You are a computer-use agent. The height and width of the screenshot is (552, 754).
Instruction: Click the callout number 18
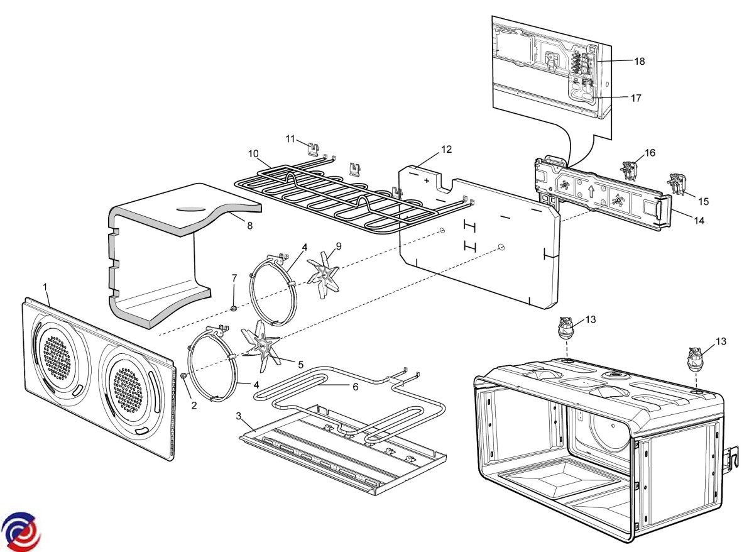639,61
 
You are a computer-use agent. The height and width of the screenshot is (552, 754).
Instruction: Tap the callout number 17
636,98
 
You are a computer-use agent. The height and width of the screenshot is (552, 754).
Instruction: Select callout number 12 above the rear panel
446,150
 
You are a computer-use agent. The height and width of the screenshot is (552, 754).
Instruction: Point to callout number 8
249,226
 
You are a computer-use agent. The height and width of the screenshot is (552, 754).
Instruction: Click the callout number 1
45,287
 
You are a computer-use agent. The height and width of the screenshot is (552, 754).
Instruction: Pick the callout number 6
355,387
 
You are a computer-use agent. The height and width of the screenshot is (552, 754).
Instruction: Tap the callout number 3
239,416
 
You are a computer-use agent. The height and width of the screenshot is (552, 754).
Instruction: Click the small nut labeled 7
233,308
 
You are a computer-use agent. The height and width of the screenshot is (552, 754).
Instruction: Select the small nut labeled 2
183,375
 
